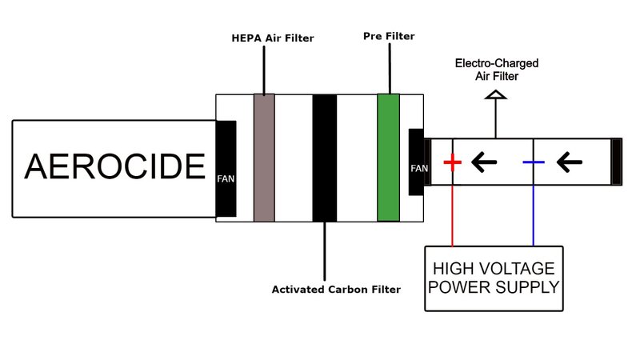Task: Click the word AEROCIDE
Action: click(x=114, y=167)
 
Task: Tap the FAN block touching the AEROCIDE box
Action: click(x=226, y=169)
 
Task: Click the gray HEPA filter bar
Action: click(x=264, y=158)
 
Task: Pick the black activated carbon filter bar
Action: click(x=324, y=158)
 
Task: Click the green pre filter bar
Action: click(x=388, y=158)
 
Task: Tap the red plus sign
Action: click(x=453, y=163)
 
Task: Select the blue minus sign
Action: click(x=534, y=163)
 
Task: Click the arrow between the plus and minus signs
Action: click(x=484, y=163)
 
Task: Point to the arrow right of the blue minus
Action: click(x=569, y=163)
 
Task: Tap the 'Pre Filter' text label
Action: click(x=389, y=36)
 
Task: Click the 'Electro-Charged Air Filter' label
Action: click(x=497, y=68)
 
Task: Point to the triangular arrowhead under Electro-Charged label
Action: click(x=497, y=95)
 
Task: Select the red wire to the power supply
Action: click(x=453, y=216)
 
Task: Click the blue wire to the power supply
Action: click(x=534, y=216)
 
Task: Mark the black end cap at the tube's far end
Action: click(x=617, y=162)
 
